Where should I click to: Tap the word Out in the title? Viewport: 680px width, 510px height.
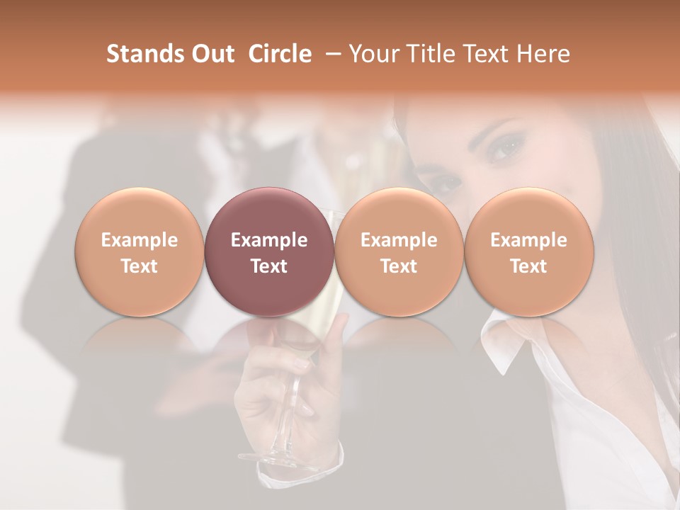211,54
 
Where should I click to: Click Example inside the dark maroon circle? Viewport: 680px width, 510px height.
269,240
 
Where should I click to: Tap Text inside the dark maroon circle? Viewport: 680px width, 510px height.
269,266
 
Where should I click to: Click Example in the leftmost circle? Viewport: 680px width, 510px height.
140,240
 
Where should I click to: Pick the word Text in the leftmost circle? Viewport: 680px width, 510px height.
140,266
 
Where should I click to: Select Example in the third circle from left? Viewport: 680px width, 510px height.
399,240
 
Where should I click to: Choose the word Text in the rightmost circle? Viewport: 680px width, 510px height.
528,266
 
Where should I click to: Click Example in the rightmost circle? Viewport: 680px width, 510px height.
528,240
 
